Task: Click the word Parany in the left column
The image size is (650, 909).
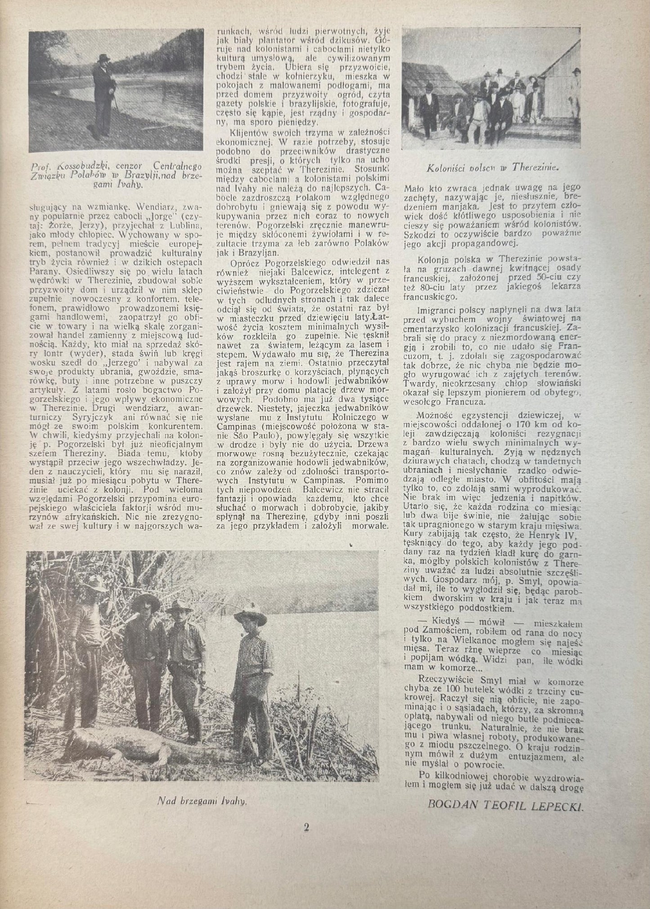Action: tap(42, 272)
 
